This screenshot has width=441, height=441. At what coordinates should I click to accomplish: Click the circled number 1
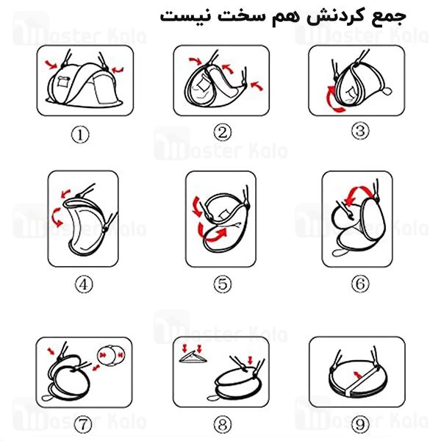click(80, 135)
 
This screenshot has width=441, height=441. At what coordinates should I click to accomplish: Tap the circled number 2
click(223, 132)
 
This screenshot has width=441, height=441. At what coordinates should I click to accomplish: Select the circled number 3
click(360, 131)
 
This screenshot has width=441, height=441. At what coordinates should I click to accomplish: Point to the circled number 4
click(84, 284)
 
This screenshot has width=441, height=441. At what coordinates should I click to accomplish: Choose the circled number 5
click(223, 284)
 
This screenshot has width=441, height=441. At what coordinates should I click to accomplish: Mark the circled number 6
click(360, 284)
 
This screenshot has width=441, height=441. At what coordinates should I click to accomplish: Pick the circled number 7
click(83, 424)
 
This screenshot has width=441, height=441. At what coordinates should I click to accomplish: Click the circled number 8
click(223, 424)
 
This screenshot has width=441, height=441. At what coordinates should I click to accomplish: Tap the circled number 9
click(360, 424)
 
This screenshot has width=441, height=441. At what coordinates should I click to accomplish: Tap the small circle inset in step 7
click(110, 355)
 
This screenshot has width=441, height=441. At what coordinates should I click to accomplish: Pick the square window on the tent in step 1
click(62, 82)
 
